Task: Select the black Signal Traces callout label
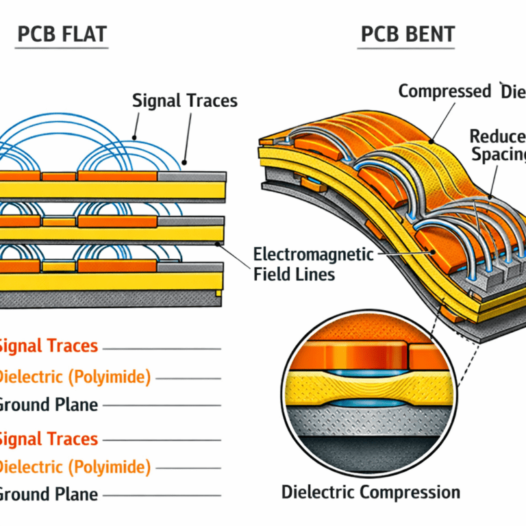185,101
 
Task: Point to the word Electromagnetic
314,255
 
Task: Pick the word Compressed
444,91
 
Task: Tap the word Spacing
498,154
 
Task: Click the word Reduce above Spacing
498,135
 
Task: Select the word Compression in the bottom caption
410,492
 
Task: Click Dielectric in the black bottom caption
318,492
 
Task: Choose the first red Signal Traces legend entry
48,347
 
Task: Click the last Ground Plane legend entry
48,494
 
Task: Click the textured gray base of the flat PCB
103,299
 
